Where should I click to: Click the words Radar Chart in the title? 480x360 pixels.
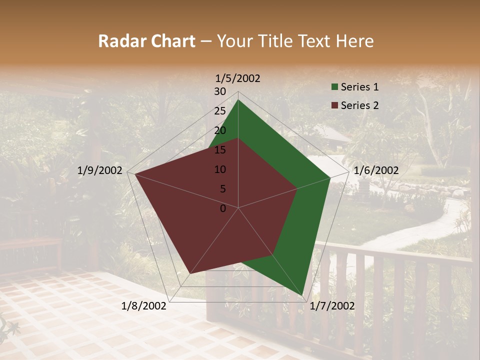point(146,41)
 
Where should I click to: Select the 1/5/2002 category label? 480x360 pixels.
point(238,78)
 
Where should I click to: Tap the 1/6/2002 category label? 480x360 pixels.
point(376,170)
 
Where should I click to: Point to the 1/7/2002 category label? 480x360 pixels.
point(332,306)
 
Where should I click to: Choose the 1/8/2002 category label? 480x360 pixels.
point(144,306)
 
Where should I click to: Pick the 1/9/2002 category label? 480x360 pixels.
point(100,170)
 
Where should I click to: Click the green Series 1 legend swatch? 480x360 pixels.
point(334,87)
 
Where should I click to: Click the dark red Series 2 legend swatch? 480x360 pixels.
point(334,105)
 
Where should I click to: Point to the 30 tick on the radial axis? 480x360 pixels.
point(220,91)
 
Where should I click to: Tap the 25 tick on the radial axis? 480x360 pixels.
point(220,111)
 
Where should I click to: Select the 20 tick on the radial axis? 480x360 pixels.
point(220,130)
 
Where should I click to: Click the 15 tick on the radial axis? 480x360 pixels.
point(220,150)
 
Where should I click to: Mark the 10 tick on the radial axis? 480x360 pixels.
point(220,169)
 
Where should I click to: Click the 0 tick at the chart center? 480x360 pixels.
point(223,208)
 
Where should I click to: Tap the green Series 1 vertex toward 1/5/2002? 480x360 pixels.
point(238,100)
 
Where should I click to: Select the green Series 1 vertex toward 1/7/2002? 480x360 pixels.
point(303,295)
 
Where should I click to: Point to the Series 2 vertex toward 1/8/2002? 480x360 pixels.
point(190,273)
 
